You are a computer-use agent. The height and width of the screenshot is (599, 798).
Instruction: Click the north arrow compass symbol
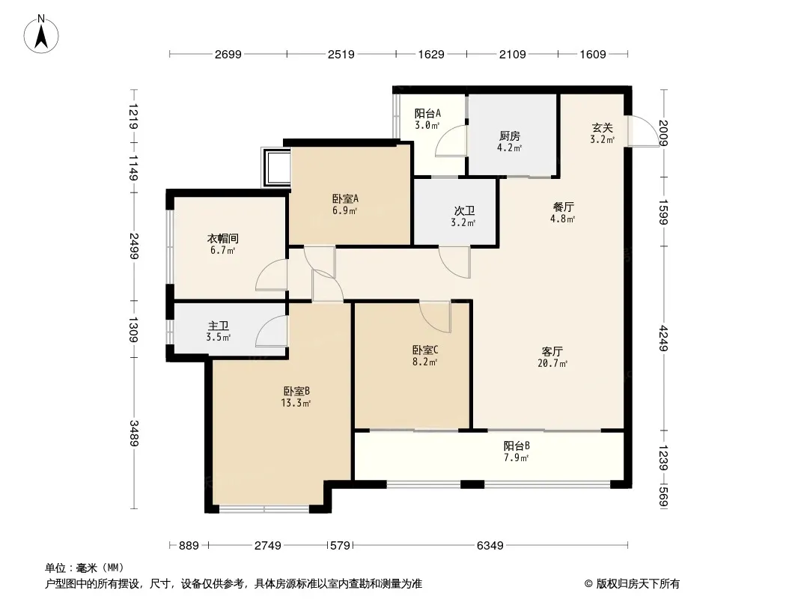point(41,34)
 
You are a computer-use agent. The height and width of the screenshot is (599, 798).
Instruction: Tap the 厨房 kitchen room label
point(510,136)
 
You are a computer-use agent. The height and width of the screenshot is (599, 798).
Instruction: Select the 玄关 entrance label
point(602,128)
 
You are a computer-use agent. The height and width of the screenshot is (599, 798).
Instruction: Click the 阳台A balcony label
point(427,114)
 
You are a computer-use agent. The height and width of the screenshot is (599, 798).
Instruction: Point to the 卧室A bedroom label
point(346,198)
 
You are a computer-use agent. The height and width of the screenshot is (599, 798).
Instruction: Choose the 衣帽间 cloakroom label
point(222,238)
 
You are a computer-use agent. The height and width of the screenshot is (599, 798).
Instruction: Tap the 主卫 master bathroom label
point(219,326)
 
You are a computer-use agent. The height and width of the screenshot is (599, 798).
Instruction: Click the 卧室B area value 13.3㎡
point(296,403)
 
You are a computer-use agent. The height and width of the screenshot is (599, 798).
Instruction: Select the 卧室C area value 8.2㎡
point(425,362)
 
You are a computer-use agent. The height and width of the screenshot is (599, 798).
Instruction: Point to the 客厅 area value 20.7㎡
point(552,363)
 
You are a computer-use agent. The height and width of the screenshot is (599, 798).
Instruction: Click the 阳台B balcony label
point(517,446)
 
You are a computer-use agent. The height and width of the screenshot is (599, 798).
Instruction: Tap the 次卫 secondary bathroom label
point(464,210)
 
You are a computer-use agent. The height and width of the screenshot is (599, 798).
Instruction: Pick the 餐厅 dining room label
point(563,207)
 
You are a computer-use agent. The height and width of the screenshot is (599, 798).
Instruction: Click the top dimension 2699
point(228,54)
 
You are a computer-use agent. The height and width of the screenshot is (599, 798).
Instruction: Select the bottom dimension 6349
point(490,546)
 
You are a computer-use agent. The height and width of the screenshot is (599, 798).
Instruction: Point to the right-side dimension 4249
point(663,338)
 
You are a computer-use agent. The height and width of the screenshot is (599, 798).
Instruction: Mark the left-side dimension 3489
point(134,433)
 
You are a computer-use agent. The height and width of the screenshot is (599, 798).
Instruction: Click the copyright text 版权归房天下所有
point(638,584)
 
